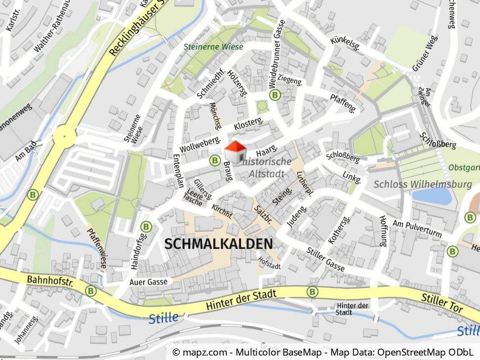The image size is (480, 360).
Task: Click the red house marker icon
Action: tap(236, 152)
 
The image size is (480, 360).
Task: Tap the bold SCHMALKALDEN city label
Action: tap(218, 244)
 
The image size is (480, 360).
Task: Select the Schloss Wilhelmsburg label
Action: tap(423, 184)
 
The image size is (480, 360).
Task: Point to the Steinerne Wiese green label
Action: tap(213, 47)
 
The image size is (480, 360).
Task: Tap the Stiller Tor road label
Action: tap(442, 303)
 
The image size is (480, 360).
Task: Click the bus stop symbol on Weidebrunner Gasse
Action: tap(274, 94)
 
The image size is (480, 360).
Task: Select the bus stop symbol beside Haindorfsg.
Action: tap(146, 227)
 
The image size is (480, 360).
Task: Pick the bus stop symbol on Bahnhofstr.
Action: tap(90, 291)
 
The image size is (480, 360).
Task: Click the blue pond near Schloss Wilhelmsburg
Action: tap(432, 196)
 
